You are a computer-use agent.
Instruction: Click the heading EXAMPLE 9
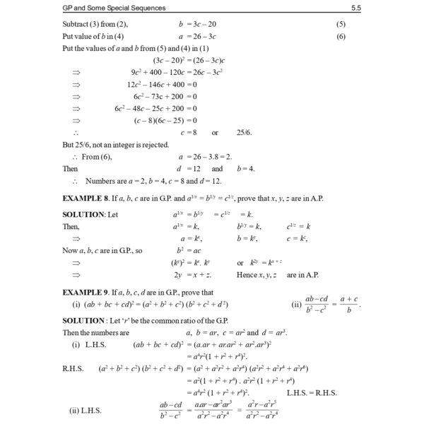(85, 292)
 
